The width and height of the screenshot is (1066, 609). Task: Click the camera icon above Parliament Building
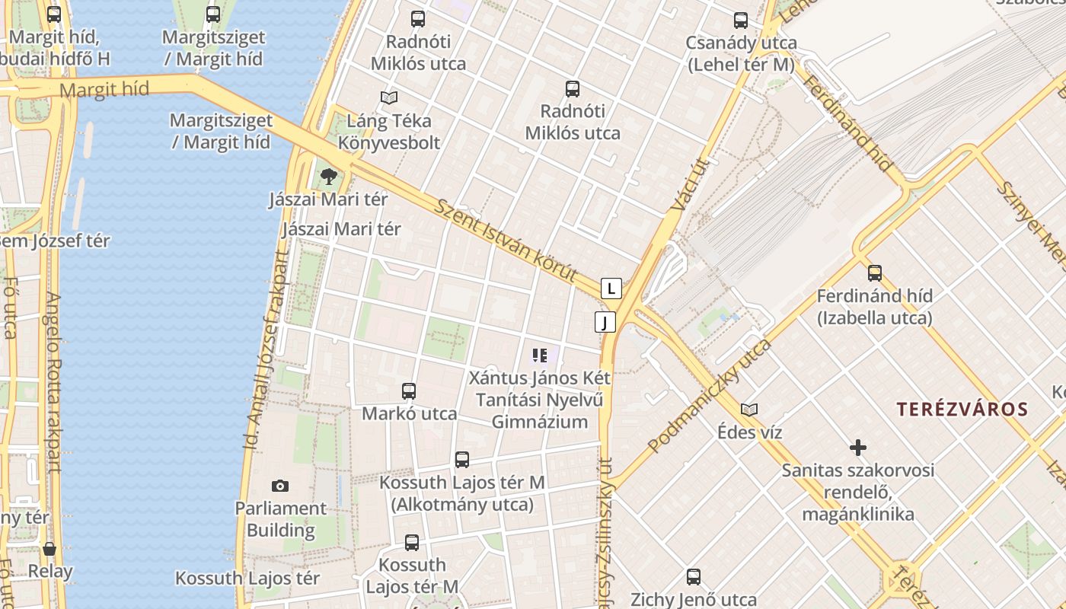pyautogui.click(x=280, y=486)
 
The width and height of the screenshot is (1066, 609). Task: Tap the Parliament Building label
pyautogui.click(x=280, y=519)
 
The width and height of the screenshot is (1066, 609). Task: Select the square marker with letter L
pyautogui.click(x=611, y=289)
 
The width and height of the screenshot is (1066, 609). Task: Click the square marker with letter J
pyautogui.click(x=605, y=322)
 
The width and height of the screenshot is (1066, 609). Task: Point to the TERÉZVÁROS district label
pyautogui.click(x=962, y=410)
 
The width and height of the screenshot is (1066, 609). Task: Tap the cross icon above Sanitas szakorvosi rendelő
pyautogui.click(x=858, y=448)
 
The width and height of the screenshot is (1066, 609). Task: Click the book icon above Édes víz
pyautogui.click(x=749, y=410)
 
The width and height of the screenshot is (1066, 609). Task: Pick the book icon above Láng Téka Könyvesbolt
pyautogui.click(x=389, y=97)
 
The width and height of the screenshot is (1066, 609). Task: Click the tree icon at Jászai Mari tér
pyautogui.click(x=328, y=177)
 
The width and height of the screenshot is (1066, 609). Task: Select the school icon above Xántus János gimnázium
pyautogui.click(x=540, y=355)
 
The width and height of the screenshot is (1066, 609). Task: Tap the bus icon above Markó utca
pyautogui.click(x=409, y=391)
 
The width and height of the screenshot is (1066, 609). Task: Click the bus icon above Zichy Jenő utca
pyautogui.click(x=693, y=577)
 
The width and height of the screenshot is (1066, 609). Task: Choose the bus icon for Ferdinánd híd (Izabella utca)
pyautogui.click(x=874, y=273)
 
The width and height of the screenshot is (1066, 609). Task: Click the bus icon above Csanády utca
pyautogui.click(x=741, y=21)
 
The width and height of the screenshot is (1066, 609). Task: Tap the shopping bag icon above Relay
pyautogui.click(x=49, y=549)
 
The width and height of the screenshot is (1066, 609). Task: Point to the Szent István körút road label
pyautogui.click(x=506, y=240)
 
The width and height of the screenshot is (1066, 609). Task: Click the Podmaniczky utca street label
pyautogui.click(x=708, y=397)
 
